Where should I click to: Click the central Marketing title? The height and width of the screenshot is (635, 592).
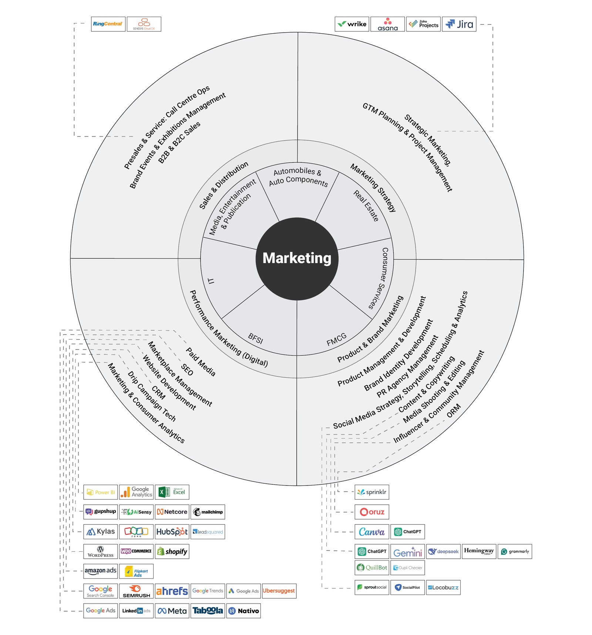tap(297, 258)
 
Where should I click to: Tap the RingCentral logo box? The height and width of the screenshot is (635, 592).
tap(108, 24)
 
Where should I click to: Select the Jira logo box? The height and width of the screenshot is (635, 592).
tap(459, 24)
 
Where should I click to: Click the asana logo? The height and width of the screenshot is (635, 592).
tap(387, 24)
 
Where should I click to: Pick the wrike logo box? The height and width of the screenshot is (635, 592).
tap(351, 24)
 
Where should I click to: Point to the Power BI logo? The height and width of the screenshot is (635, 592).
tap(101, 492)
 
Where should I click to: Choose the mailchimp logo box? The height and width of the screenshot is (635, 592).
tap(208, 512)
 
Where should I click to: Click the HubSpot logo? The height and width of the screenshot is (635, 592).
tap(172, 532)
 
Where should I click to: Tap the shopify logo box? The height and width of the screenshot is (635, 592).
tap(172, 551)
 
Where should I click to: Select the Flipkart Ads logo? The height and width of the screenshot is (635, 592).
tap(136, 571)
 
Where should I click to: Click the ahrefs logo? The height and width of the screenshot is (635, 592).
tap(172, 591)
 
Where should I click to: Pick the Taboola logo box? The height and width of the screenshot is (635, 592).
tap(208, 611)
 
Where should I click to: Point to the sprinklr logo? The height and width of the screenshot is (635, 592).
tap(372, 492)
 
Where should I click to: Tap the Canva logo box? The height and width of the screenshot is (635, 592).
tap(372, 532)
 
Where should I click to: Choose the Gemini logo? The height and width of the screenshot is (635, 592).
tap(408, 552)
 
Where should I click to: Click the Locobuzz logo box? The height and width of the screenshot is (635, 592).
tap(443, 587)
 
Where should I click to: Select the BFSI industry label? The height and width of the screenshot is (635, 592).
tap(256, 338)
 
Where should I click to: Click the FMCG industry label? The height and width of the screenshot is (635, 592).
tap(336, 339)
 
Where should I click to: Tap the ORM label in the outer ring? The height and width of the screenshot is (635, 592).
tap(454, 410)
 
